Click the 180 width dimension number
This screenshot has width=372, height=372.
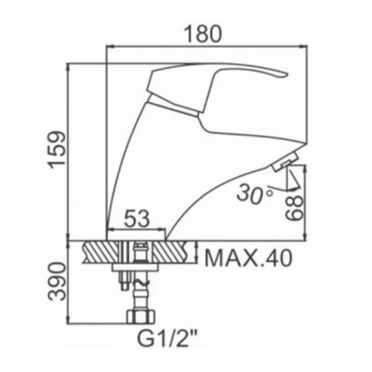(203, 33)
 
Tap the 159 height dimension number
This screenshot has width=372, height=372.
(56, 149)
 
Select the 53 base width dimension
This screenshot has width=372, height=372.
(137, 218)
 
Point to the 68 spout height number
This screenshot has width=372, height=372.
(294, 208)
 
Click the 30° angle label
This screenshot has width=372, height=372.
(254, 194)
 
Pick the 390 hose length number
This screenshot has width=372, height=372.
(56, 281)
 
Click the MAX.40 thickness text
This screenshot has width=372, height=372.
(248, 258)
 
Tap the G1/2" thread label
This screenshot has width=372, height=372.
(167, 340)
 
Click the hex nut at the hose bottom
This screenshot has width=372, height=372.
(141, 316)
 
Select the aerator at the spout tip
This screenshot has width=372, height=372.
(285, 162)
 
